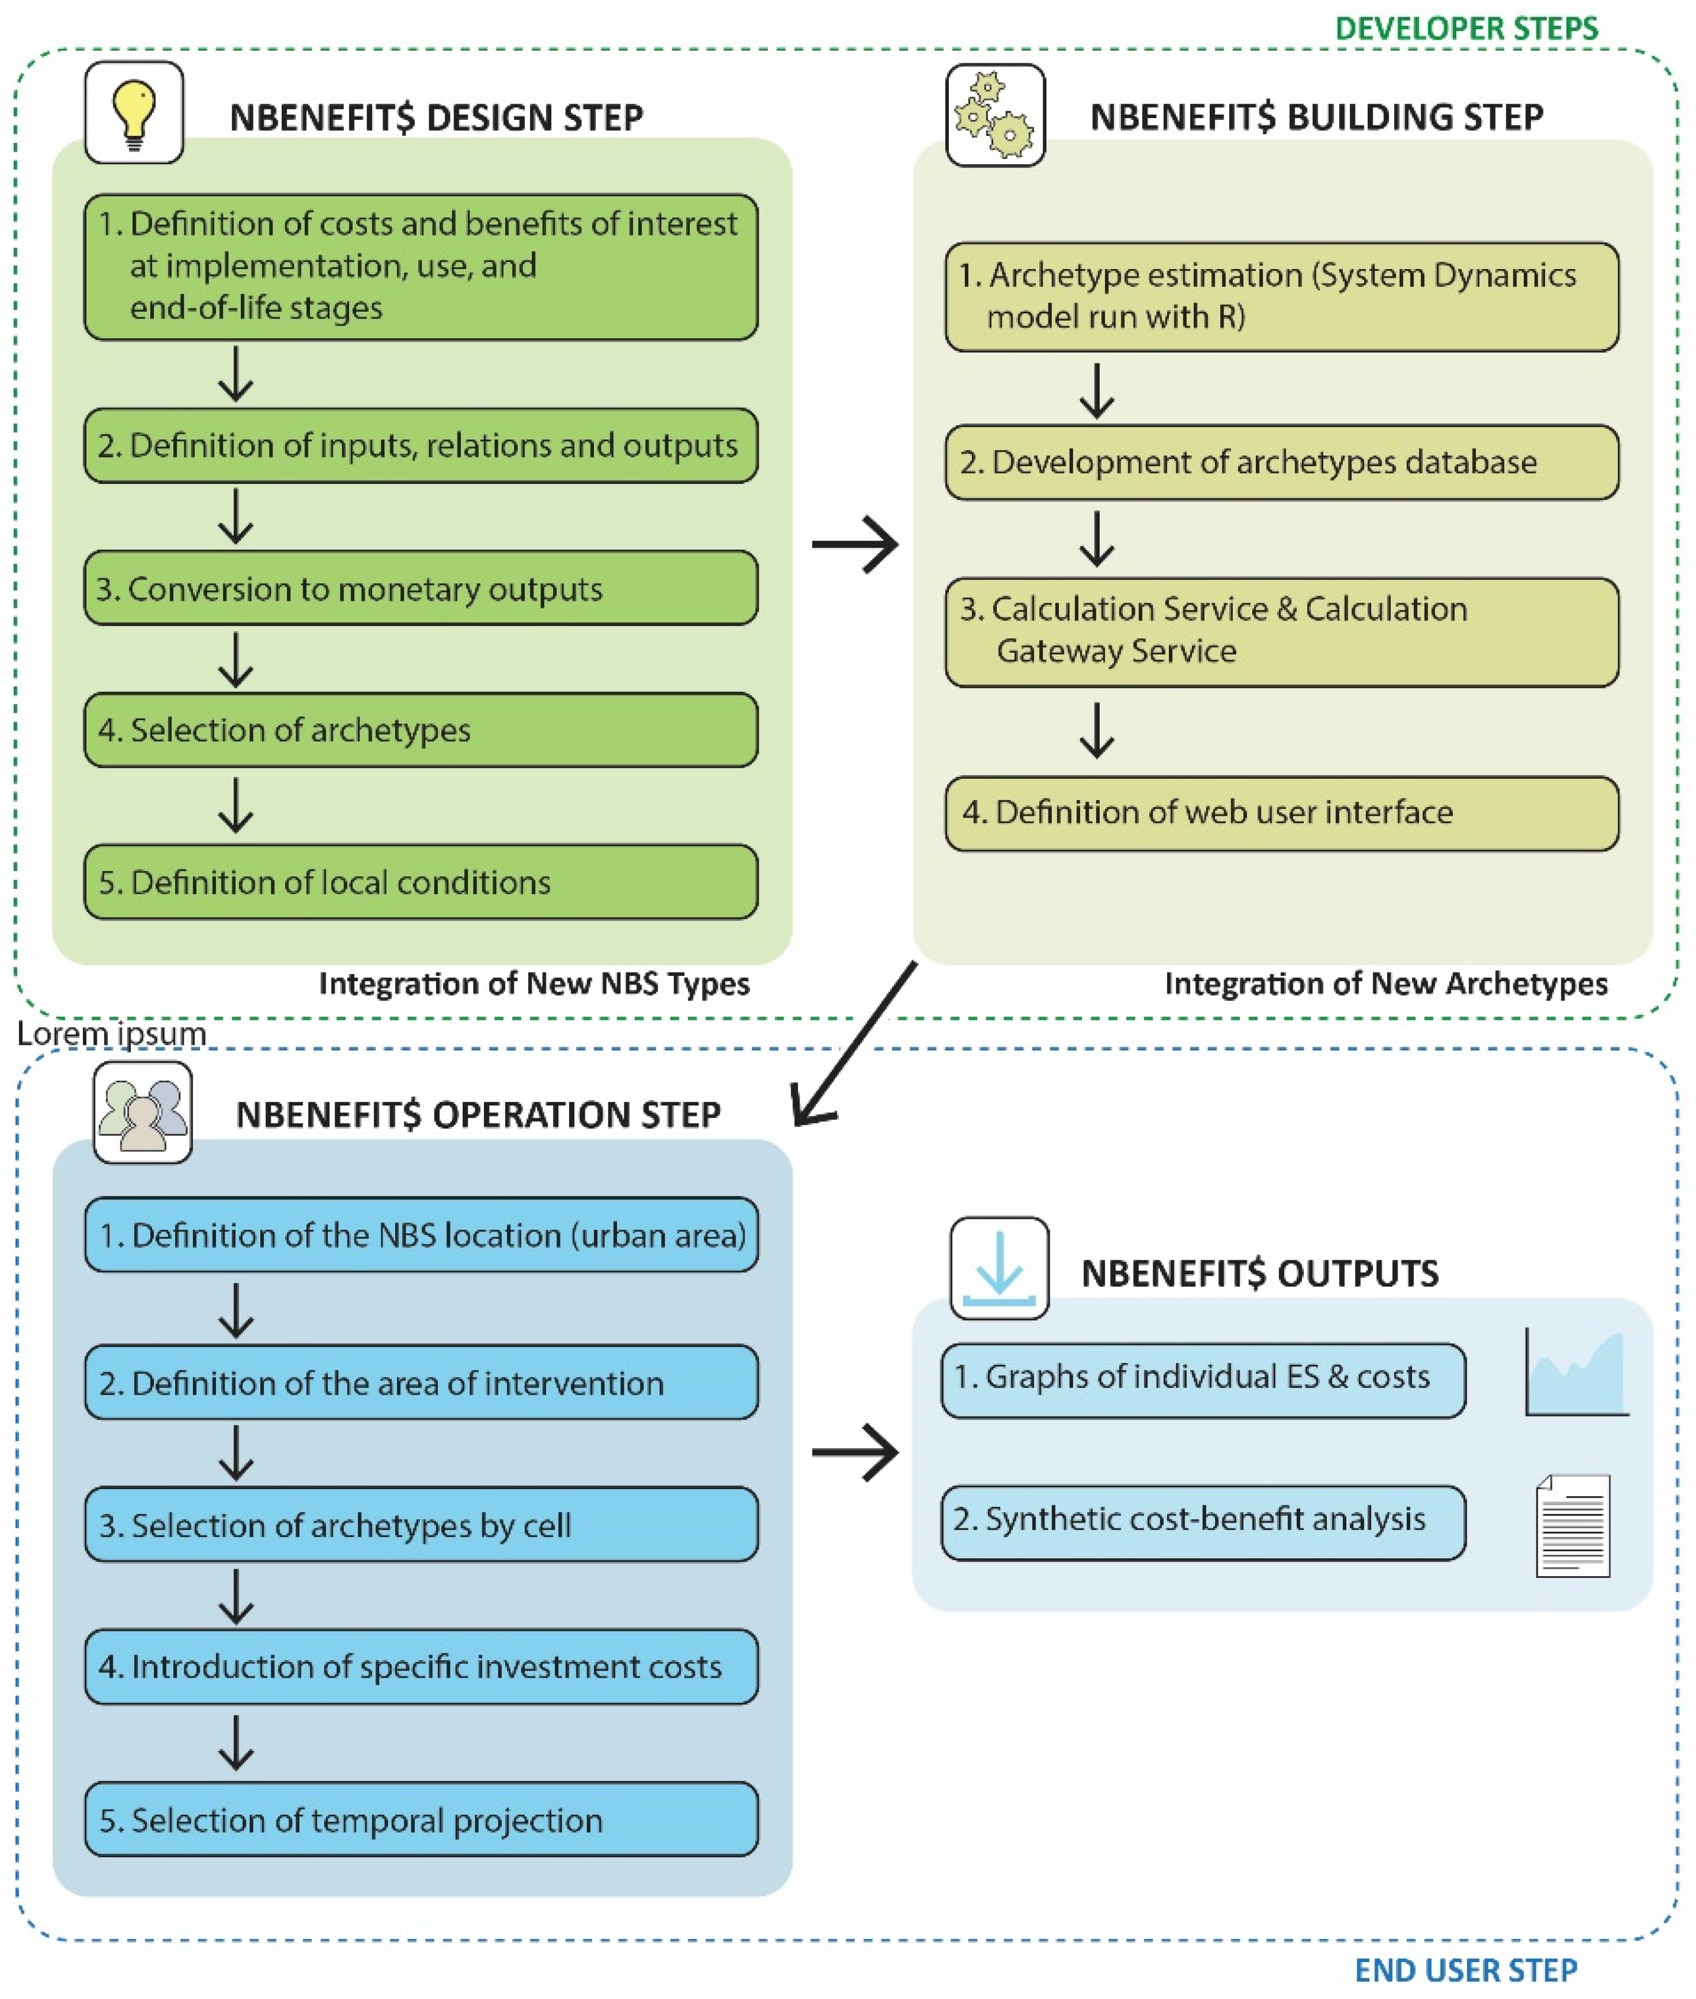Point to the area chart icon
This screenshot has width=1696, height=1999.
pyautogui.click(x=1577, y=1373)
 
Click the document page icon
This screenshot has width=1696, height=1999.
pyautogui.click(x=1573, y=1527)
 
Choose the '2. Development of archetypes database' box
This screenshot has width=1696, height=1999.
pyautogui.click(x=1282, y=463)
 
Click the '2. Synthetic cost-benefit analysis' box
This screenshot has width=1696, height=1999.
pyautogui.click(x=1203, y=1519)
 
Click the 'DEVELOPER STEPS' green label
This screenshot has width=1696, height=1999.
pyautogui.click(x=1466, y=29)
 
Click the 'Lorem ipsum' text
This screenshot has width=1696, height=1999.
pyautogui.click(x=112, y=1033)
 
